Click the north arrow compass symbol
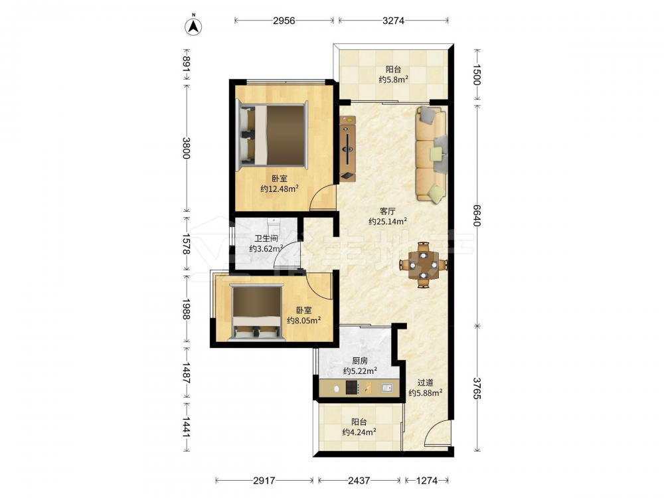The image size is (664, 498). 193,27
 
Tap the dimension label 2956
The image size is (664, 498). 284,21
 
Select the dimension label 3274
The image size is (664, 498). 393,21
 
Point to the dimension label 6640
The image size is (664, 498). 477,216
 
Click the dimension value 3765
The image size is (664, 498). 477,388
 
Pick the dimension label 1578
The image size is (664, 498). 185,244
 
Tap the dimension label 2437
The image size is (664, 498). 359,480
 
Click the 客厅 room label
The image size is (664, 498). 388,210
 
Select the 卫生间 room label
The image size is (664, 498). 266,238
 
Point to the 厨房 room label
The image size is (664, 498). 360,361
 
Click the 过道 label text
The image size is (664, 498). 425,382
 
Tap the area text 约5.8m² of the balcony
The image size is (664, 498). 393,79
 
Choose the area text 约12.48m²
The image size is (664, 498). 280,189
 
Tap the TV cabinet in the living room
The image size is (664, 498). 348,149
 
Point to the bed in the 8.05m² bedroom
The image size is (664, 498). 256,313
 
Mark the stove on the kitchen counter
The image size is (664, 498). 353,387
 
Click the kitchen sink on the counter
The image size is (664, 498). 386,387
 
